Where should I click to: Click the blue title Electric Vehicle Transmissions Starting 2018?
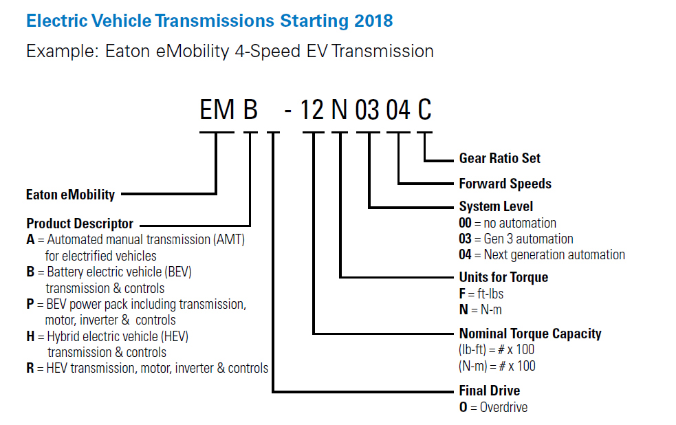(x=209, y=21)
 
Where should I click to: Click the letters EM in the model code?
(x=217, y=109)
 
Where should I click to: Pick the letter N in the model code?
(x=340, y=109)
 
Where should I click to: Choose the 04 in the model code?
(x=398, y=109)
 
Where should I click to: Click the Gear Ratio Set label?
(x=499, y=158)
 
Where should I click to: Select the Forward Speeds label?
(x=505, y=184)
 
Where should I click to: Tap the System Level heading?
(x=496, y=206)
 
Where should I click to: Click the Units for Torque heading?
(x=503, y=277)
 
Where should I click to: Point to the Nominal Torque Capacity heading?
(x=530, y=334)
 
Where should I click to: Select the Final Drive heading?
(x=489, y=391)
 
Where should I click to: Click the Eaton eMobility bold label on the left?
(x=70, y=195)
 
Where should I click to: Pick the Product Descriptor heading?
(x=80, y=224)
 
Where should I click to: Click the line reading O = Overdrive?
(x=493, y=407)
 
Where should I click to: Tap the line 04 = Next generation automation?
(x=542, y=254)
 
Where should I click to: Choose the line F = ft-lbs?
(x=482, y=294)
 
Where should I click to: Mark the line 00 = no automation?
(x=508, y=223)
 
